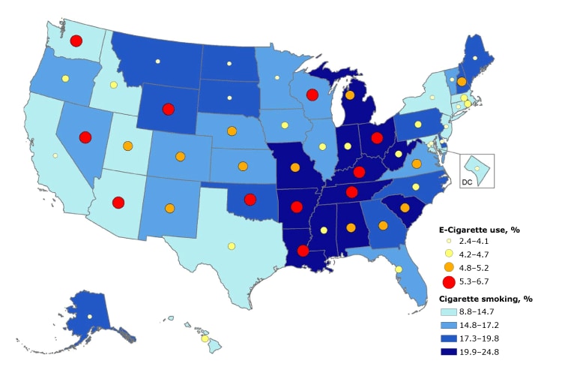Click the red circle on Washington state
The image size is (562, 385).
click(76, 41)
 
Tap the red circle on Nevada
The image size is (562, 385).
click(85, 137)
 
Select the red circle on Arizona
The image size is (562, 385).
click(118, 202)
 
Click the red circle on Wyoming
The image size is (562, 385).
click(168, 109)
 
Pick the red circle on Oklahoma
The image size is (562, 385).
click(250, 199)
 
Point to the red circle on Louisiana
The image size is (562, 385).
click(303, 251)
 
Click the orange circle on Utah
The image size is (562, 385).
click(128, 146)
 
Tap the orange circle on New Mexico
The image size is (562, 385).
click(169, 208)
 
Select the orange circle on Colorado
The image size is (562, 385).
click(180, 157)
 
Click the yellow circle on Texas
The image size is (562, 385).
click(232, 246)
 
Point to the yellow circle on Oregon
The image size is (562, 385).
click(66, 78)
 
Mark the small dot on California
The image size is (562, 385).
click(55, 155)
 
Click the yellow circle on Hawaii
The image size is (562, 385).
click(205, 339)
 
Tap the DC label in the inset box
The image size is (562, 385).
click(466, 181)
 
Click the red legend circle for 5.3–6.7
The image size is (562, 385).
click(449, 281)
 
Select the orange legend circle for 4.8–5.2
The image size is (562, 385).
click(449, 266)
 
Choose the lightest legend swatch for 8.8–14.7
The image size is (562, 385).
click(449, 311)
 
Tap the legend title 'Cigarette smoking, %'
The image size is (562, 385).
click(485, 298)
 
